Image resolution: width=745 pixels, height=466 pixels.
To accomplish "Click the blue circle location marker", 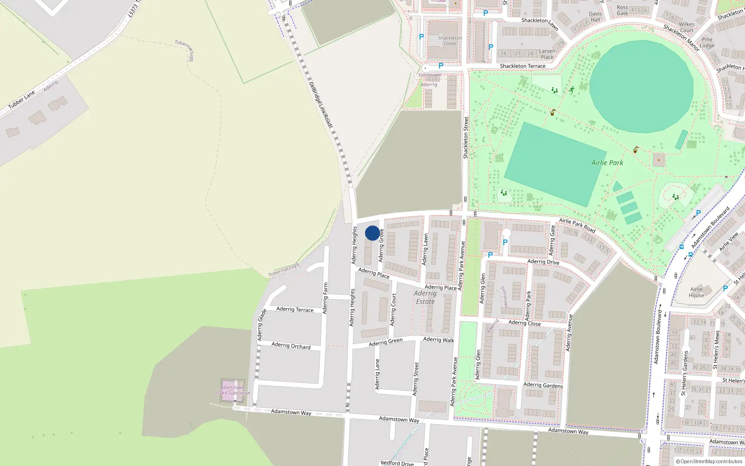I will click(x=372, y=233).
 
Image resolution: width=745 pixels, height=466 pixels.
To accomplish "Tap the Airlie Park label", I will click(x=607, y=163).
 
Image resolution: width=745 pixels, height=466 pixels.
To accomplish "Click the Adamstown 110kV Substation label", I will click(x=232, y=390).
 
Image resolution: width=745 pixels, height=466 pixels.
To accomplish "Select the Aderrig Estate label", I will click(x=425, y=297).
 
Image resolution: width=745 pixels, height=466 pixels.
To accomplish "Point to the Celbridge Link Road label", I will click(x=321, y=104).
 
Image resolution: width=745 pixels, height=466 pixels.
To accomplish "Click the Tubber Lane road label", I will click(x=22, y=100).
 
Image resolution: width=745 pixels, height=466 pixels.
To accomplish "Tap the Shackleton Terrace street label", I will click(x=522, y=66).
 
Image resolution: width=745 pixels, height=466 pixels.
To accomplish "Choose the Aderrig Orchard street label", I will click(x=291, y=345).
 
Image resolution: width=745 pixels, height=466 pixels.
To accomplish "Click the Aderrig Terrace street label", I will click(x=295, y=309).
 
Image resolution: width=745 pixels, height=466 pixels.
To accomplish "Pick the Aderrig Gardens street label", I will click(x=543, y=385).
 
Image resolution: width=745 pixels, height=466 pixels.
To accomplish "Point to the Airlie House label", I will click(x=696, y=292).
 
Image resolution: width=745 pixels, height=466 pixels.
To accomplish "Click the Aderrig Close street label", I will click(x=524, y=322).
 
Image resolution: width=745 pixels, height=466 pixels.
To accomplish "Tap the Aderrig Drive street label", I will click(x=543, y=261).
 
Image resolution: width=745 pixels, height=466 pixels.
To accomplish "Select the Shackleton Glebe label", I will click(x=450, y=41).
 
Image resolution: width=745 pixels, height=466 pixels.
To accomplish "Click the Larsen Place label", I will click(x=547, y=54).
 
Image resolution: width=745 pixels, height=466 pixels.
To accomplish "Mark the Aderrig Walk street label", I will click(x=439, y=340).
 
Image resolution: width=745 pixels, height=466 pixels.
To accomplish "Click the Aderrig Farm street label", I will click(x=325, y=298).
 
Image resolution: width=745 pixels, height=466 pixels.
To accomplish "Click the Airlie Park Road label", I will click(x=577, y=225).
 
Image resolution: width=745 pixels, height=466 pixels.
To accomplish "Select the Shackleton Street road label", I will click(x=466, y=137).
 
